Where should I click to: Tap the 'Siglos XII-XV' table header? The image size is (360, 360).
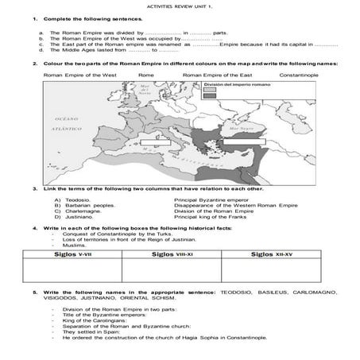(276, 257)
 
